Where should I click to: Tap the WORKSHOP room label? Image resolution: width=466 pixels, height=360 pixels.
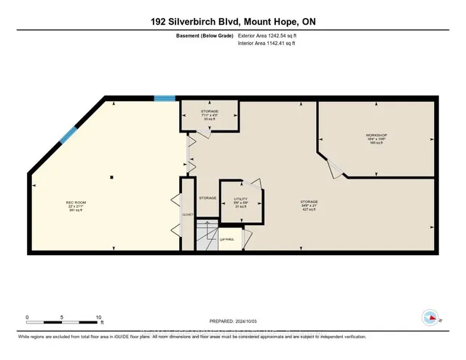376,136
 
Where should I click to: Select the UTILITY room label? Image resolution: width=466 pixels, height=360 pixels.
240,198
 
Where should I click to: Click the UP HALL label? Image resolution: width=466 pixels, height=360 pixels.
226,238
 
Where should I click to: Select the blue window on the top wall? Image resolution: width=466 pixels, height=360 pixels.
165,98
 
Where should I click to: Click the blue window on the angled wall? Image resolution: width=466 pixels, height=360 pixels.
69,135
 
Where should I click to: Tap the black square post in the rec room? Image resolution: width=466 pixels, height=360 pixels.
111,176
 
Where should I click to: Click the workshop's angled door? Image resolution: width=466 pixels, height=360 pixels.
337,169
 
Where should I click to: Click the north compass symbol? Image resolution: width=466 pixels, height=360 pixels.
430,318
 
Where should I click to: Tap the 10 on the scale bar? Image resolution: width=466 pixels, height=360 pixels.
99,316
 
